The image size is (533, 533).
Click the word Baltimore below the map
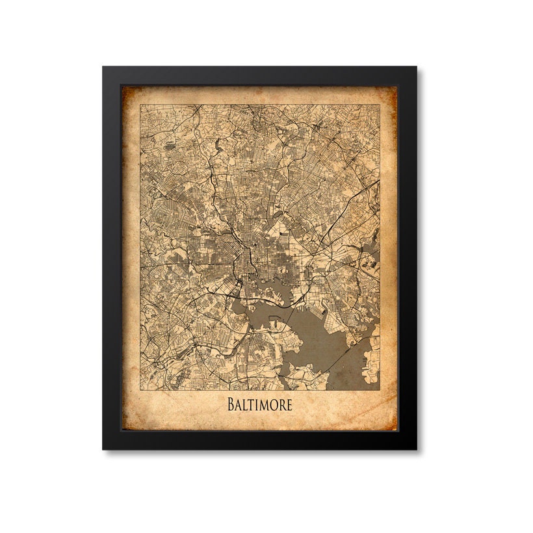[259, 404]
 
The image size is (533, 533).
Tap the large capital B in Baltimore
[231, 404]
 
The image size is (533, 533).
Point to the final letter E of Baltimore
[288, 404]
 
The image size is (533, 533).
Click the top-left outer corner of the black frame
[102, 66]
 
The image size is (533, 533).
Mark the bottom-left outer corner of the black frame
[102, 450]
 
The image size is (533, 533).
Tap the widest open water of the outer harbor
[325, 338]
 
